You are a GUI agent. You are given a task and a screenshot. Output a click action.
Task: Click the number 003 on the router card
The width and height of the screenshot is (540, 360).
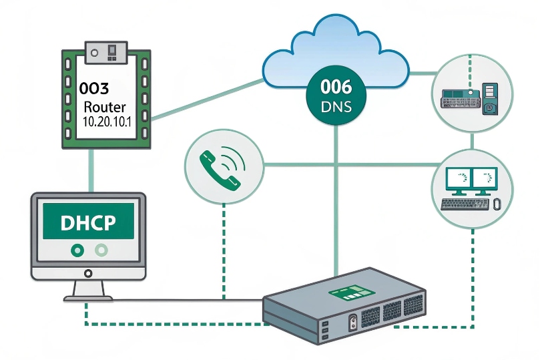(93, 87)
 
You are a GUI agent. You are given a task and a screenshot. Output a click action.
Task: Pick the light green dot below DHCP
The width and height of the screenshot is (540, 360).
(101, 250)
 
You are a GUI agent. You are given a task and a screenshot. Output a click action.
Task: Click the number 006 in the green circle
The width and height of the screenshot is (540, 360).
(336, 87)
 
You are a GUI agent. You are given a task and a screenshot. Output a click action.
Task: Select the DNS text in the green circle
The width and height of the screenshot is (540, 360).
(336, 106)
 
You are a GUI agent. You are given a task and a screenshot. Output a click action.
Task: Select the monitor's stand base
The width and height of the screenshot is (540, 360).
(88, 297)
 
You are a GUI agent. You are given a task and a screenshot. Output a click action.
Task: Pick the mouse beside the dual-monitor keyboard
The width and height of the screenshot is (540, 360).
(496, 204)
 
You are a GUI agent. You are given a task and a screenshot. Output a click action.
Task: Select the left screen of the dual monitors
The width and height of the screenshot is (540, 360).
(458, 178)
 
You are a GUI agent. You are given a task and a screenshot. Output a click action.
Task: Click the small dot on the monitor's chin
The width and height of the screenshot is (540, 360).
(88, 272)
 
